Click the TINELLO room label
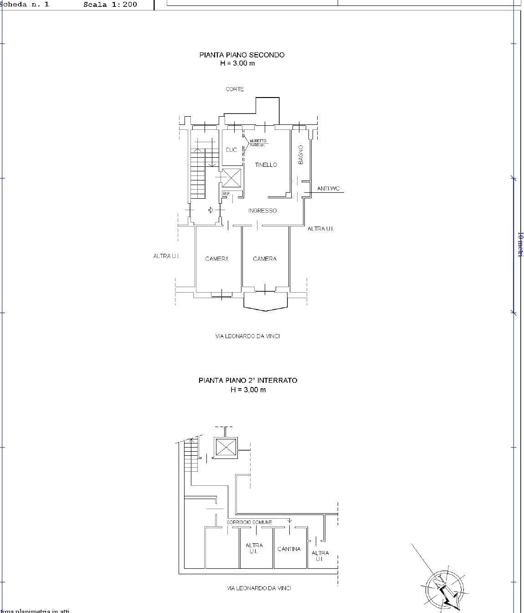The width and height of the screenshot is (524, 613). [x=266, y=165]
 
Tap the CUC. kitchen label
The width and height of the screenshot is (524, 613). [x=231, y=150]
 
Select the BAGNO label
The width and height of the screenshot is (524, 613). [x=301, y=155]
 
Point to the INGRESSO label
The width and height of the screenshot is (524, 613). [x=262, y=211]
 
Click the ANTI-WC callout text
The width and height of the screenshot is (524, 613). [x=329, y=189]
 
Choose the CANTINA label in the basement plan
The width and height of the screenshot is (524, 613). [x=289, y=549]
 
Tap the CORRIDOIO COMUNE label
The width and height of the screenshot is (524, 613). [x=249, y=522]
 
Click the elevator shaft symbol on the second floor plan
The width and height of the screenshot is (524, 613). [x=231, y=177]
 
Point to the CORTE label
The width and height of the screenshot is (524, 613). [x=235, y=89]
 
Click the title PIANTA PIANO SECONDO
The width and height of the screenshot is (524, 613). [x=241, y=55]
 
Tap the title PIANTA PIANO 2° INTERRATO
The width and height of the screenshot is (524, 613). [x=247, y=380]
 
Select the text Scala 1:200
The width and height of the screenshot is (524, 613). [x=110, y=5]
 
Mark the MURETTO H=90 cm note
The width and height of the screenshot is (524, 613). [x=257, y=143]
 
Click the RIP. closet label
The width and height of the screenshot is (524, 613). [x=226, y=194]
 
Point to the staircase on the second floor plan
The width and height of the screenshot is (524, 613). [x=199, y=173]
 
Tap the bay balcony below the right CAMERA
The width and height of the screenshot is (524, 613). [x=266, y=301]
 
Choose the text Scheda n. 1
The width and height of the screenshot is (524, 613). [x=25, y=5]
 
